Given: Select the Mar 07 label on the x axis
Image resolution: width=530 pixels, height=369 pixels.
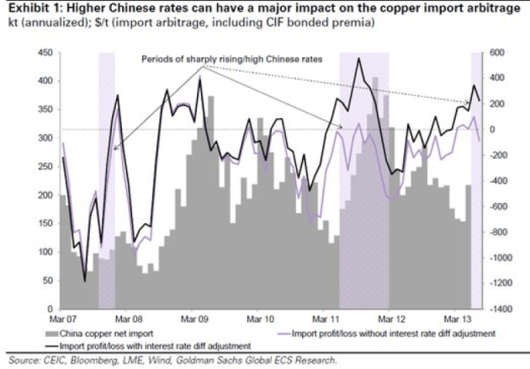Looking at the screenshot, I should [x=62, y=321].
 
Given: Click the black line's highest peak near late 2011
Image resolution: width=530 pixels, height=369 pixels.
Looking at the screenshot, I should [x=359, y=59].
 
